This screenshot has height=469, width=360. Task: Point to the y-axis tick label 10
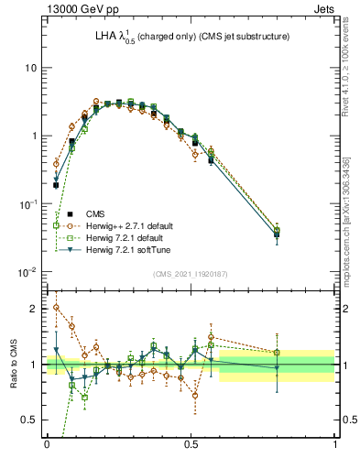coord(30,69)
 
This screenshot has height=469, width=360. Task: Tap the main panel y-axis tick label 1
coord(34,136)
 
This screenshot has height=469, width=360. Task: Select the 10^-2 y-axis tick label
coord(28,272)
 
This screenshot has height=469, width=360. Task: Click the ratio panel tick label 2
coord(34,309)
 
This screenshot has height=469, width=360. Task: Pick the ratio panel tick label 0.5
coord(30,420)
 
